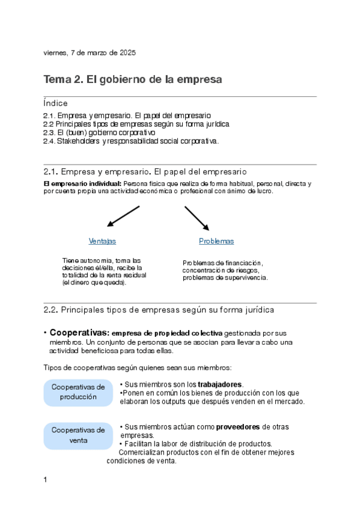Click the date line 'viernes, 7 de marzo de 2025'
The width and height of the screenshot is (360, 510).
click(90, 53)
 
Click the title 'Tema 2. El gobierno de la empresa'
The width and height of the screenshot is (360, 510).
click(133, 79)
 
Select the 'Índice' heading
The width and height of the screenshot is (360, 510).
click(56, 103)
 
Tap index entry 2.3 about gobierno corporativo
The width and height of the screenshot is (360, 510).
click(99, 132)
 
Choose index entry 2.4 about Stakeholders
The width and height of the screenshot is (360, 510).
click(131, 141)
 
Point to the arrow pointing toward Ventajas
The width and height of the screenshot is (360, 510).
click(123, 217)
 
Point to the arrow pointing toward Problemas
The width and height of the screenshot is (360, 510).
click(197, 218)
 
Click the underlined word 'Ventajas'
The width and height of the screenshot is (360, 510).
click(102, 241)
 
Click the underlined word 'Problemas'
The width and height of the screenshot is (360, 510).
click(216, 241)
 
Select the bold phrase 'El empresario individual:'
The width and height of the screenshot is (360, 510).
click(83, 183)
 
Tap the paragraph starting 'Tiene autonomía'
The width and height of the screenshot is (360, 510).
click(104, 271)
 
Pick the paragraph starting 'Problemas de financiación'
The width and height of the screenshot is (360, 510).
click(225, 271)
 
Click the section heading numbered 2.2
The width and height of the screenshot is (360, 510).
click(159, 310)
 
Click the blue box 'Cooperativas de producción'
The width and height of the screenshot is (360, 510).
click(78, 392)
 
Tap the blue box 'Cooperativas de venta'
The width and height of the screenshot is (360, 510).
click(78, 435)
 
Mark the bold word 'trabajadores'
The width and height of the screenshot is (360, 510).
click(220, 384)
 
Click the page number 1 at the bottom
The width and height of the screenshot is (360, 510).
click(46, 479)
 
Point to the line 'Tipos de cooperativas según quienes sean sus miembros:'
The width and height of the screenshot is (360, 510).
click(138, 367)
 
